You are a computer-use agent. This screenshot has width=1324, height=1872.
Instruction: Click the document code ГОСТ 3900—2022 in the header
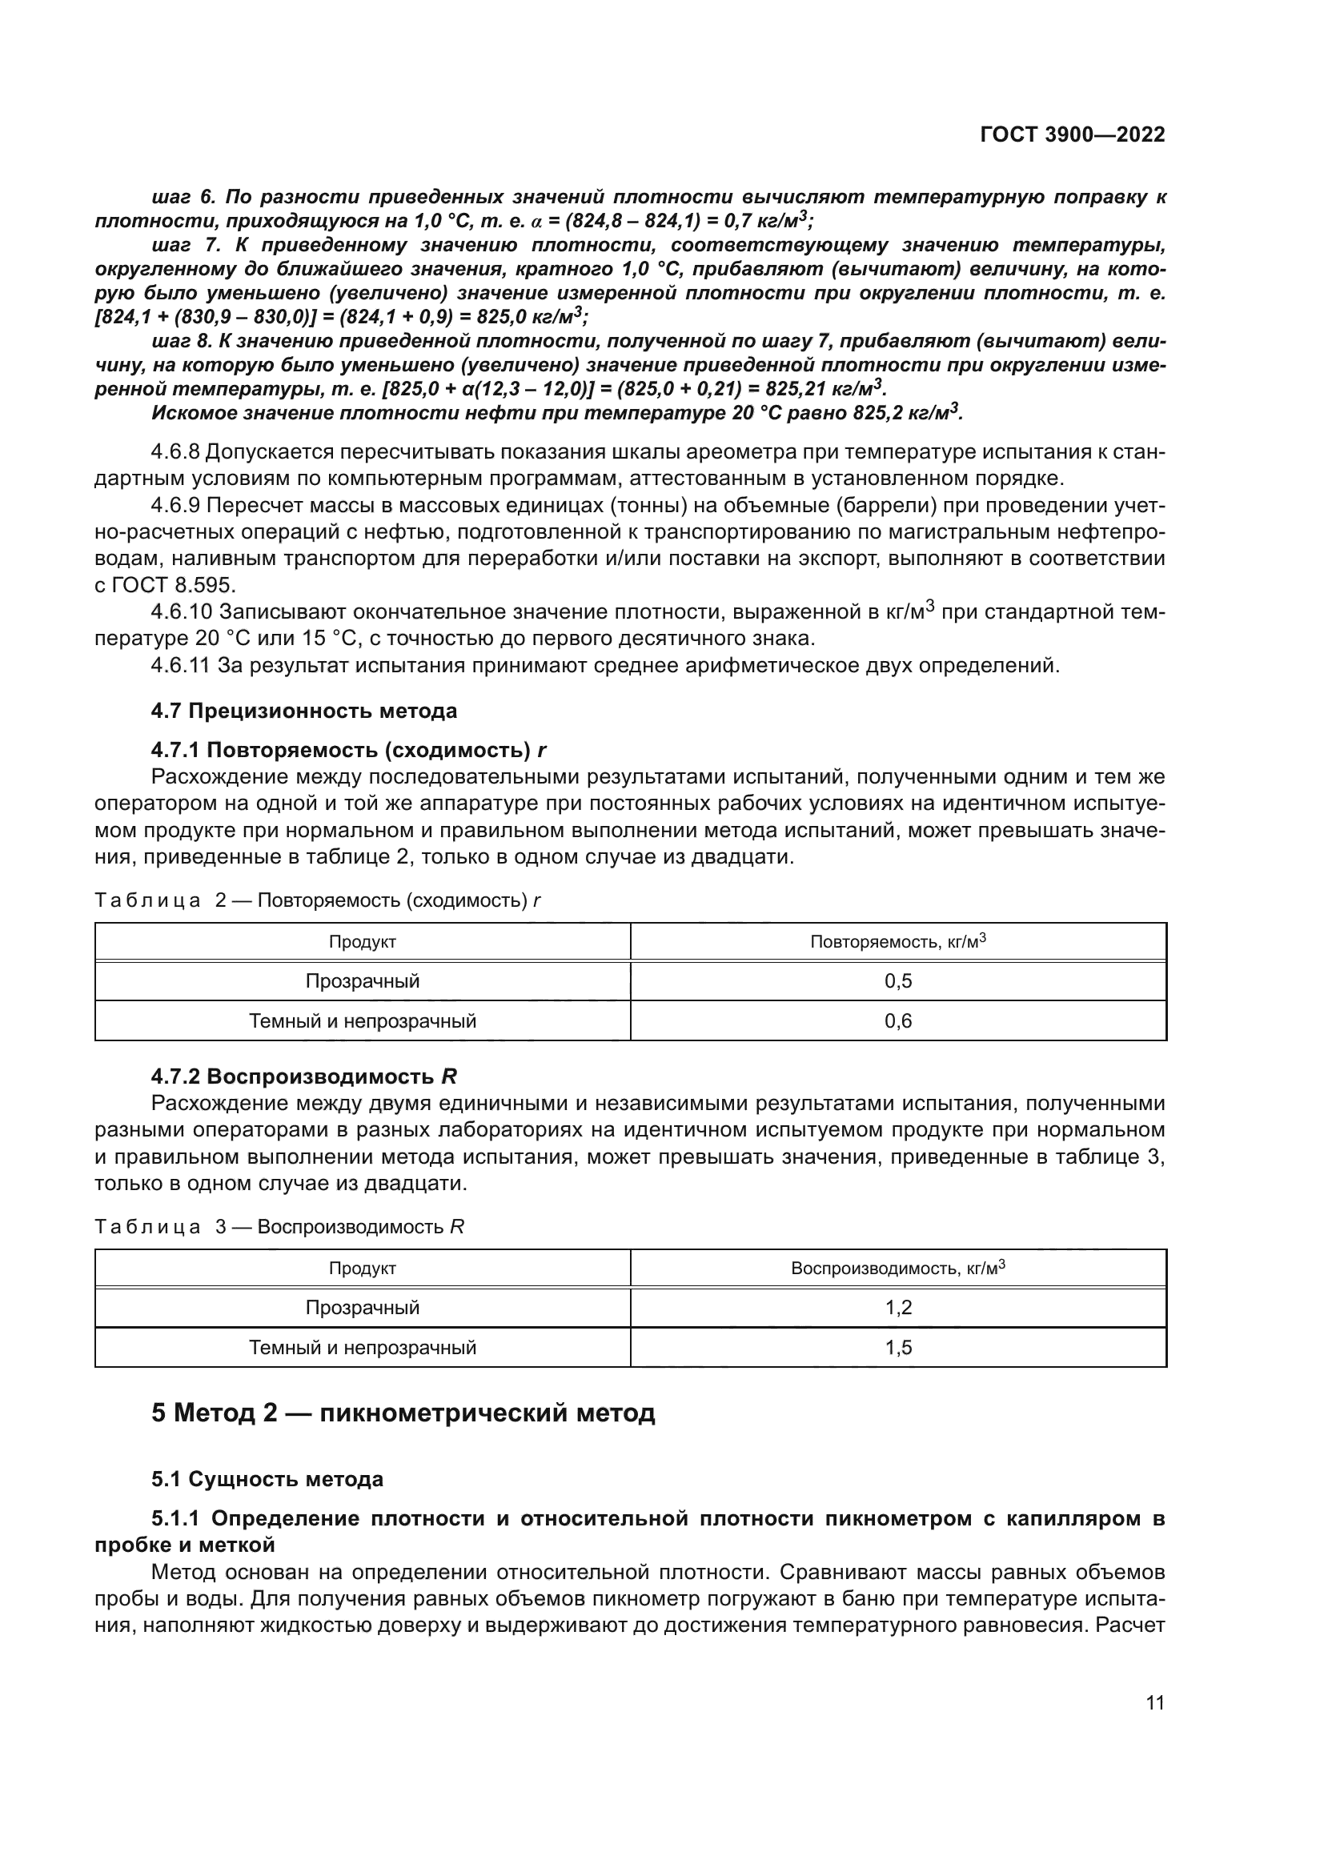coord(1072,134)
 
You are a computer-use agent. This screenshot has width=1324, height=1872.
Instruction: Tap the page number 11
coord(1154,1703)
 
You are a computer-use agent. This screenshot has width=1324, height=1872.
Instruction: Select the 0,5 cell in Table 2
coord(897,981)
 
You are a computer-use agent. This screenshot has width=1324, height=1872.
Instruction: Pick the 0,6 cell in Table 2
coord(897,1020)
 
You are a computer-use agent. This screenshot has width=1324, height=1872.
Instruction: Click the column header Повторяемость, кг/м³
coord(897,942)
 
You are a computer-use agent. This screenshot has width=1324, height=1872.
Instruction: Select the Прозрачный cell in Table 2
coord(362,981)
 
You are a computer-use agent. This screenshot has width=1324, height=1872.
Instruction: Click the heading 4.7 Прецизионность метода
coord(303,711)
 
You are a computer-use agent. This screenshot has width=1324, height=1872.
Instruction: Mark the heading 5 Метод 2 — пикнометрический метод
coord(403,1436)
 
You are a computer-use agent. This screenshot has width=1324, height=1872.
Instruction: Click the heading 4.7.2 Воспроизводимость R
coord(303,1076)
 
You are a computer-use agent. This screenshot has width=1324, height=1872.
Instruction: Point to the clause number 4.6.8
coord(175,451)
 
